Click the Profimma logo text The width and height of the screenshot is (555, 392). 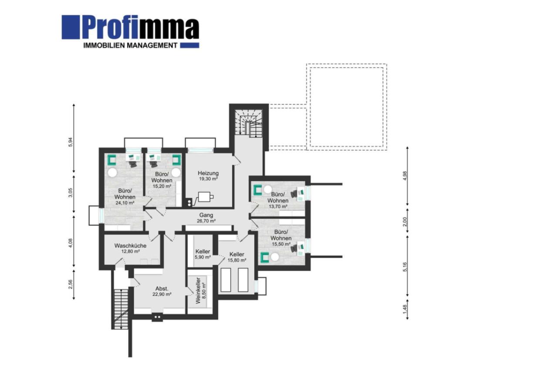(x=140, y=28)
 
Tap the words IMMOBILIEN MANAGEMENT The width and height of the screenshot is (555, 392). (x=130, y=45)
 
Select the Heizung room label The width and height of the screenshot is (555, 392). (x=208, y=173)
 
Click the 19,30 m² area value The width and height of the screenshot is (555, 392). (x=208, y=179)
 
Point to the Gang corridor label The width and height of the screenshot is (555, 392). (x=206, y=215)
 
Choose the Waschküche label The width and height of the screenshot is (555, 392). (x=130, y=246)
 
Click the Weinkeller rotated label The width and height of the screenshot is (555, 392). (x=198, y=290)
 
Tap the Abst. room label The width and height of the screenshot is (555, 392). (x=162, y=288)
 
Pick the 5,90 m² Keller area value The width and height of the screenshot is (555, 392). (x=203, y=257)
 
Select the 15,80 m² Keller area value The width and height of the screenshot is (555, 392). (x=237, y=260)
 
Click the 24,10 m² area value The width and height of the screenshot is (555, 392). (x=125, y=203)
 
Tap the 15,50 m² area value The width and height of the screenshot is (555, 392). (x=281, y=244)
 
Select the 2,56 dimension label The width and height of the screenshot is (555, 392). (x=71, y=284)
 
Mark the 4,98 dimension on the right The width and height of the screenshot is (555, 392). (x=405, y=176)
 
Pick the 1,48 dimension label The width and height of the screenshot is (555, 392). (x=405, y=309)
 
